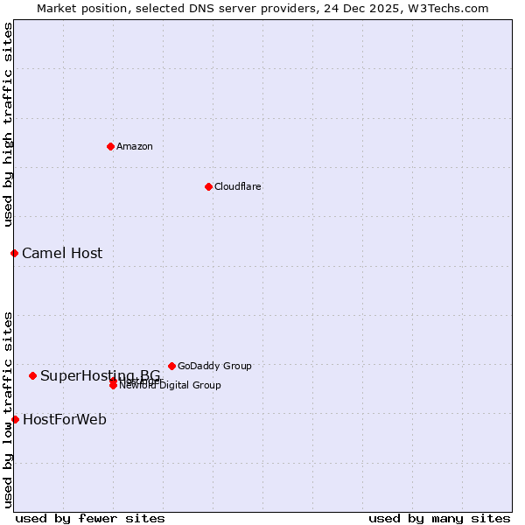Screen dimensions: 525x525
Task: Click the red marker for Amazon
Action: coord(110,146)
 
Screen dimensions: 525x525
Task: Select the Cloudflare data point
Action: coord(208,186)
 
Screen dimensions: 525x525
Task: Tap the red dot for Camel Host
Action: coord(14,253)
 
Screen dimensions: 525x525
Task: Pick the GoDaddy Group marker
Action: coord(171,366)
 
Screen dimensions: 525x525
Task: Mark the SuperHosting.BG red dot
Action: coord(32,375)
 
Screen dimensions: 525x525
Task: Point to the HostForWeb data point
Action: coord(15,419)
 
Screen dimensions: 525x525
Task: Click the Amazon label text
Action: coord(134,146)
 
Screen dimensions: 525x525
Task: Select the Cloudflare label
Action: coord(237,186)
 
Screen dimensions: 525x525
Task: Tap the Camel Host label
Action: coord(62,254)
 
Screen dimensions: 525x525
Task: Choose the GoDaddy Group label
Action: coord(214,366)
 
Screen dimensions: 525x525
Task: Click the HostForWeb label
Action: coord(65,420)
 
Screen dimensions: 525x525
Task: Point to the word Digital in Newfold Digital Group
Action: coord(174,385)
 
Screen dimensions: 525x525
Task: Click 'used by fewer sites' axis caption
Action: coord(90,518)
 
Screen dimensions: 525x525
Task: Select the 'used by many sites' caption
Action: coord(439,518)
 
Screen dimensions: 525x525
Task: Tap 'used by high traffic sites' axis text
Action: coord(9,124)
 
